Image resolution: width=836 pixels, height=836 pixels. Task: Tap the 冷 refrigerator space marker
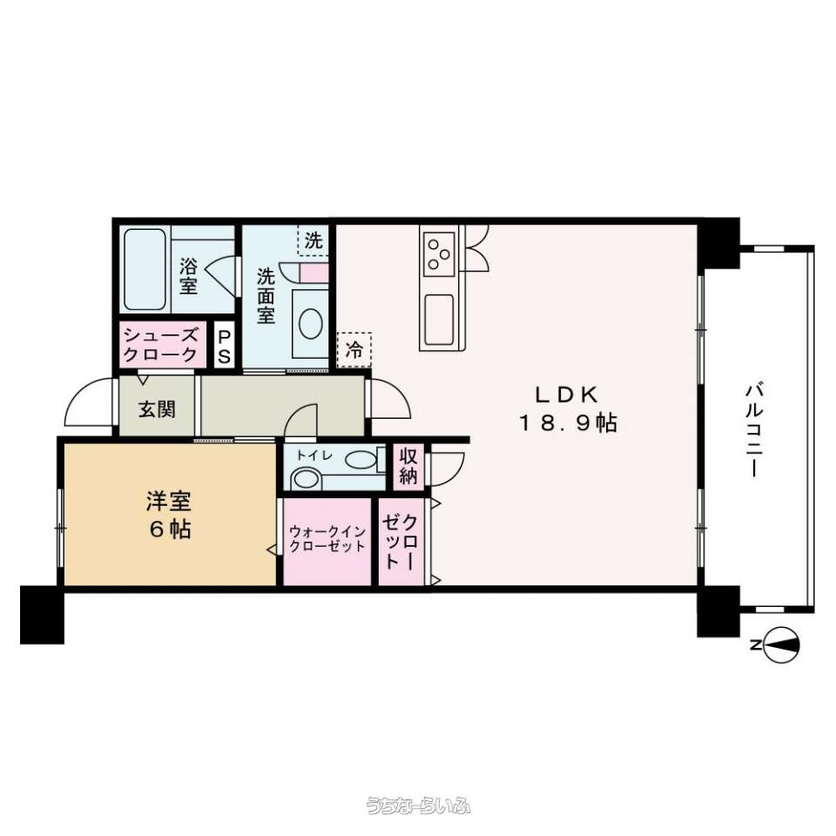click(354, 350)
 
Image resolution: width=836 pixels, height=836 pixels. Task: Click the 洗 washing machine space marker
click(313, 241)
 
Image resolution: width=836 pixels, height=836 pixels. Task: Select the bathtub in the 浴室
click(145, 270)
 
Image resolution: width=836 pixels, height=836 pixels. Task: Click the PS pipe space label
click(225, 347)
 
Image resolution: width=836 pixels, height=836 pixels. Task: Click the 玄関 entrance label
click(157, 409)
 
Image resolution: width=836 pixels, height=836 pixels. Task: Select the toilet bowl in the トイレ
click(307, 478)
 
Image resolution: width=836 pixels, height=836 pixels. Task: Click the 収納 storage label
click(408, 467)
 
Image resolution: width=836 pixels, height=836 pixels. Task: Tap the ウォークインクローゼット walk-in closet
click(327, 540)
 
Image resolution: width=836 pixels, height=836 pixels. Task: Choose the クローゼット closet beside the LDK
click(401, 541)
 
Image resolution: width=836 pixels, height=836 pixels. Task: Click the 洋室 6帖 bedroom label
click(169, 515)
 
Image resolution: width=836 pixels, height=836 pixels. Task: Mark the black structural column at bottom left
click(42, 615)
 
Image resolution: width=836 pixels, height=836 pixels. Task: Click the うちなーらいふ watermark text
click(419, 805)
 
